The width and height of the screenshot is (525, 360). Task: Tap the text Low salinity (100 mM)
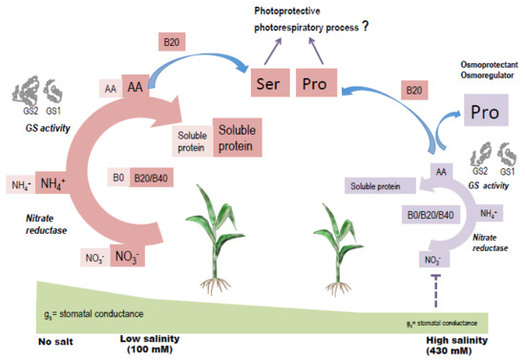[153, 343]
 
